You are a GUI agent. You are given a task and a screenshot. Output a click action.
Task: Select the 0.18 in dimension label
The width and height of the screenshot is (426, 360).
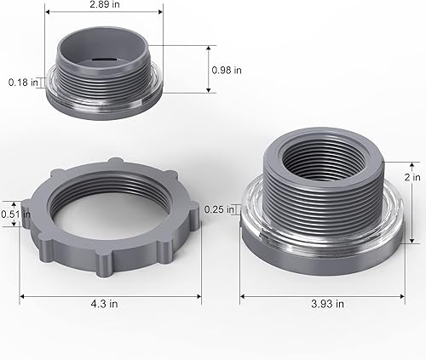coord(22,83)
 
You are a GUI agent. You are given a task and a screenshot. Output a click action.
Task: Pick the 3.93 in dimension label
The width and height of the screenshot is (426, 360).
coord(328,303)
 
